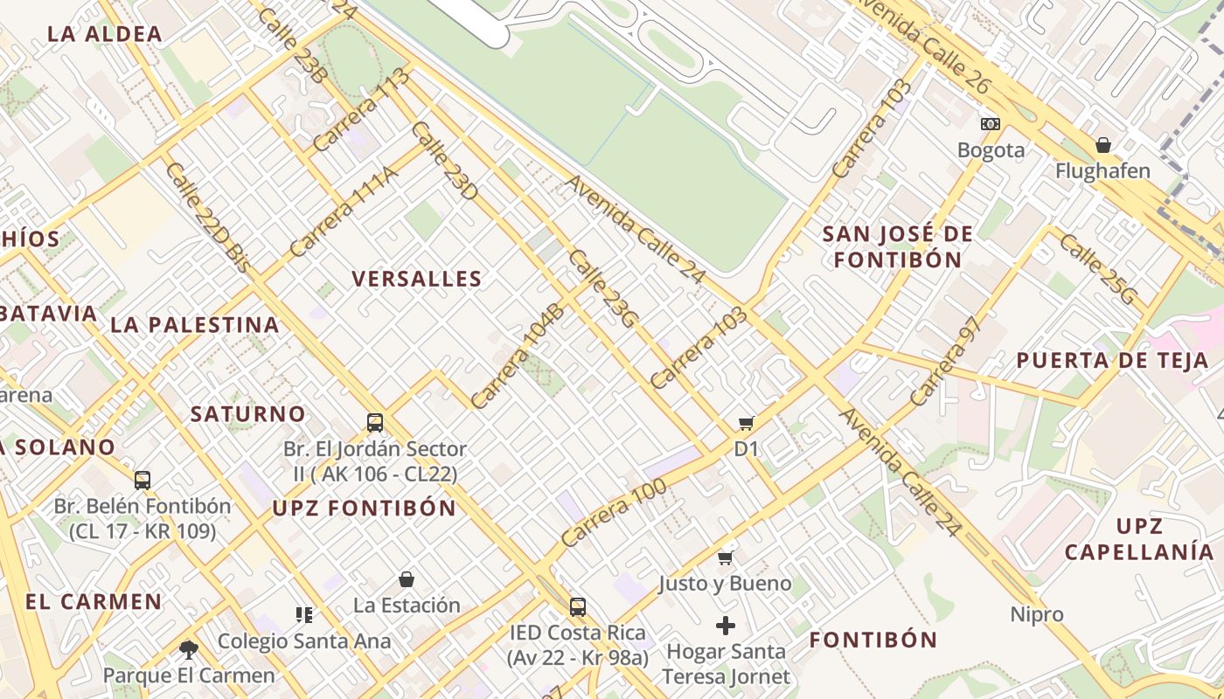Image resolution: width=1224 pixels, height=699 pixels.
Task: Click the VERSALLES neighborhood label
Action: coord(417,279)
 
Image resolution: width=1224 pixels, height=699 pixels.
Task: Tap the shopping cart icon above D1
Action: coord(746,424)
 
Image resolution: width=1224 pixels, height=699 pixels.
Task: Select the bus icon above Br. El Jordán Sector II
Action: coord(375,423)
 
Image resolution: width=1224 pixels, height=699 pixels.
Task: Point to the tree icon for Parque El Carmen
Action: coord(188,649)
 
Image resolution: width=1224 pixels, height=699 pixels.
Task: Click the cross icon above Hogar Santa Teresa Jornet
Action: coord(725,626)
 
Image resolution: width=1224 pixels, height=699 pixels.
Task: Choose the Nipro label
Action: coord(1037,614)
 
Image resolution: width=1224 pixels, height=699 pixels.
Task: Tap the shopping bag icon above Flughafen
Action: coord(1103,145)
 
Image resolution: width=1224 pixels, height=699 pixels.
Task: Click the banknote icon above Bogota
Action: coord(991,124)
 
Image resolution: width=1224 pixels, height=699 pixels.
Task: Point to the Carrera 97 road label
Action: coord(947,361)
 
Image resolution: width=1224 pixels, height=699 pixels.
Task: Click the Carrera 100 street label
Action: coord(614,513)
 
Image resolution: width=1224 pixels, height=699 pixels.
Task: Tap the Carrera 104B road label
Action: coord(518,356)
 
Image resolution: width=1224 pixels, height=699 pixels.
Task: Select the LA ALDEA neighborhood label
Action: coord(105,34)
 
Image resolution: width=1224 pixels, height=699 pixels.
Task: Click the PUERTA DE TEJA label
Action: coord(1112,360)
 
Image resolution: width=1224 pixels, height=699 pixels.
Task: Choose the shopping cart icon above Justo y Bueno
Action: coord(725,557)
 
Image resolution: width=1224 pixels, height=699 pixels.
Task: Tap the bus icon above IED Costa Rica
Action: coord(577,606)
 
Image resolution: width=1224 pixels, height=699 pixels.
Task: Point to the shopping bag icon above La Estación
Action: coord(407,579)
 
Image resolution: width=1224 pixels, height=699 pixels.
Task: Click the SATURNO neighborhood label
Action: coord(248,413)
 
